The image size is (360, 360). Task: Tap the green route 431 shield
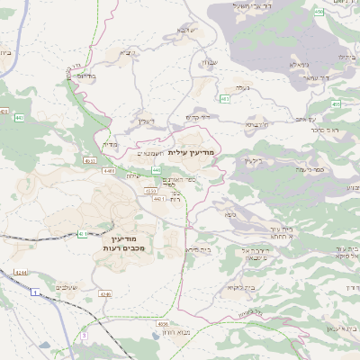82,234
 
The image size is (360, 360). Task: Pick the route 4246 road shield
105,294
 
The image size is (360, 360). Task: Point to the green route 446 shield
155,169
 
